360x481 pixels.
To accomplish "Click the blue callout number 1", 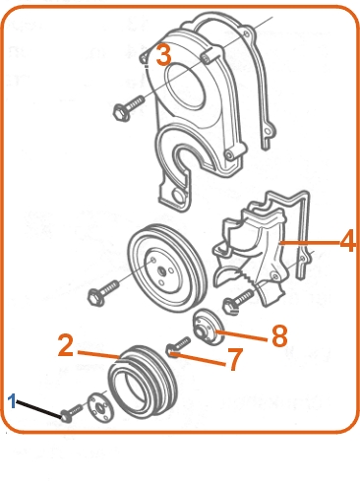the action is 12,401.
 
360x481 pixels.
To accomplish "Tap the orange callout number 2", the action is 66,345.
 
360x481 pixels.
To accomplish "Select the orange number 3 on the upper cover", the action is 164,55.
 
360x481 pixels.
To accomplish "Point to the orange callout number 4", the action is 347,241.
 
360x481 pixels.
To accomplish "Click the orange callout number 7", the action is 235,359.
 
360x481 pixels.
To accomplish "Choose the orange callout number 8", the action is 279,335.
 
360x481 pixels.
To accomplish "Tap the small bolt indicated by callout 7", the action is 178,347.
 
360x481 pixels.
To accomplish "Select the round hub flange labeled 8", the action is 209,327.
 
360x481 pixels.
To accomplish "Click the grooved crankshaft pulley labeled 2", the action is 143,383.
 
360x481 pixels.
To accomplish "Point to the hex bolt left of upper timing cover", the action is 129,108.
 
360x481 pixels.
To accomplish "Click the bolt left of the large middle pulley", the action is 103,293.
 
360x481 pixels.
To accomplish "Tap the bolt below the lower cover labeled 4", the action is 238,302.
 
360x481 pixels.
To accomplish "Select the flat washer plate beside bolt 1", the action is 100,406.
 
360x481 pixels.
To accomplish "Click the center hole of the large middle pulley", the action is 161,271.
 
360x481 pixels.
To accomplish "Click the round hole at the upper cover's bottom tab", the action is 179,197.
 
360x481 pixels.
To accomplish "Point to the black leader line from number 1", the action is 39,409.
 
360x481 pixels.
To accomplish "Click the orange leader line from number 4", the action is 310,243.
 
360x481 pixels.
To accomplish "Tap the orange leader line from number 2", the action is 99,355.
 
